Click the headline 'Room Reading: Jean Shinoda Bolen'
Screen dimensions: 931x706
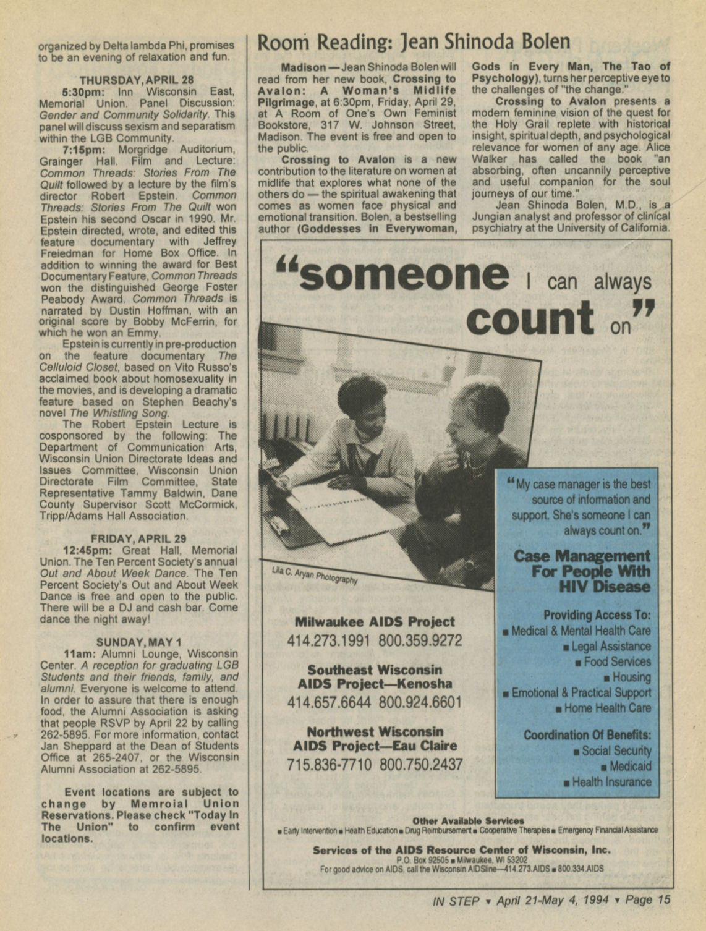[x=413, y=42]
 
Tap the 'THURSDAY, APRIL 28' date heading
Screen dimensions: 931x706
[x=137, y=80]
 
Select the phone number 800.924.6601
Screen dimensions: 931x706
[x=420, y=703]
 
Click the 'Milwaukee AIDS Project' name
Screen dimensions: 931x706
[x=375, y=622]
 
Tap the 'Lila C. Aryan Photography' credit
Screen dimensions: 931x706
[x=314, y=576]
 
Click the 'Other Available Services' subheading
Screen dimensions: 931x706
[x=467, y=821]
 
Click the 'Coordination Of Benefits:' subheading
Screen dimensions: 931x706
[x=587, y=735]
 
